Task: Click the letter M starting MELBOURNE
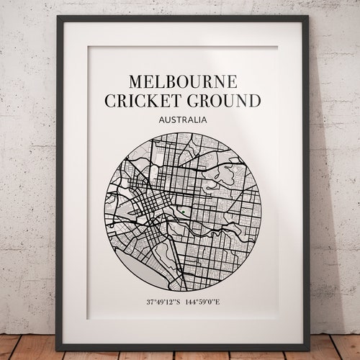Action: tap(132, 81)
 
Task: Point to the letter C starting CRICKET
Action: tap(110, 100)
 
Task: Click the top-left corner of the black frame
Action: tap(58, 17)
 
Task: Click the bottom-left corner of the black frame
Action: tap(58, 343)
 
